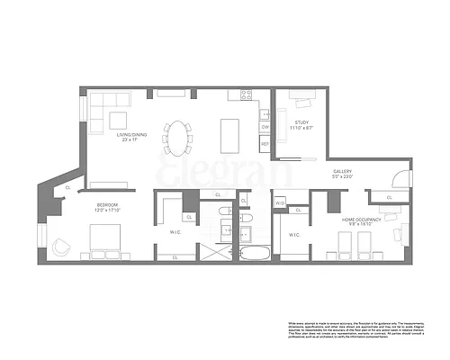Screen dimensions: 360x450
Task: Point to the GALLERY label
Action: (x=343, y=171)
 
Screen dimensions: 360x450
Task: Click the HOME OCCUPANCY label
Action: (x=361, y=219)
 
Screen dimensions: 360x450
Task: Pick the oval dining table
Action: (x=178, y=139)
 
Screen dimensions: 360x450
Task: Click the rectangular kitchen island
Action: (x=229, y=134)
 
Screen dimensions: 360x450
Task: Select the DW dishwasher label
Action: (x=265, y=127)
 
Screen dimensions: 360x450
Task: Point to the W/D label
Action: (x=280, y=203)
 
